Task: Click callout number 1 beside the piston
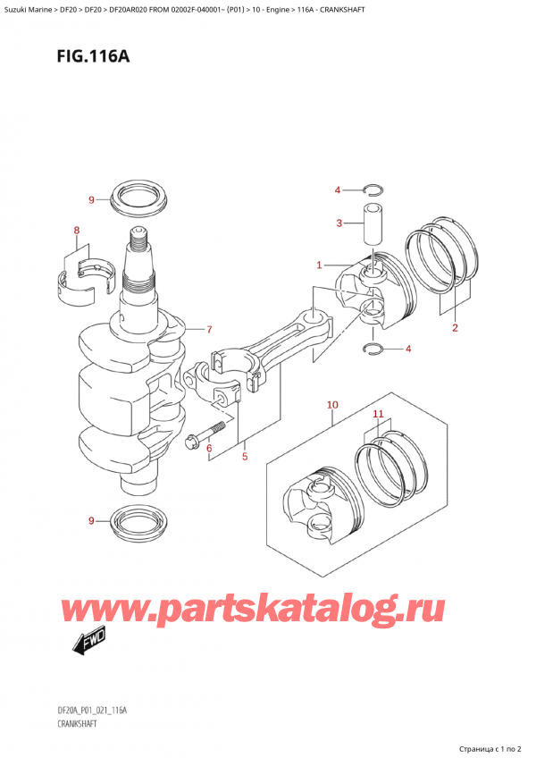pyautogui.click(x=319, y=265)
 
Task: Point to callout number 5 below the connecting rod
pyautogui.click(x=243, y=458)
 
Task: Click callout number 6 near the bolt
pyautogui.click(x=208, y=448)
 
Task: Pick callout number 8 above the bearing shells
pyautogui.click(x=77, y=231)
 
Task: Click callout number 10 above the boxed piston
pyautogui.click(x=331, y=405)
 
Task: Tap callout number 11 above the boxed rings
pyautogui.click(x=378, y=415)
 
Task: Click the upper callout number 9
pyautogui.click(x=90, y=198)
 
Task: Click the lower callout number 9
pyautogui.click(x=90, y=520)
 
